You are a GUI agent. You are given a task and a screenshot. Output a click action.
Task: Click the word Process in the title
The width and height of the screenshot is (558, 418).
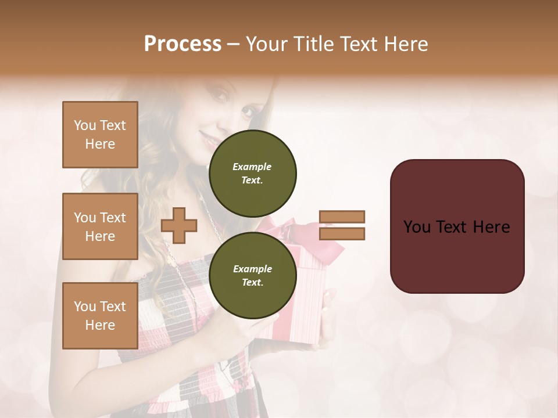point(183,44)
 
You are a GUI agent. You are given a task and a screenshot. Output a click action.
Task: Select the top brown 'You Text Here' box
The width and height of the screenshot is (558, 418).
point(100,135)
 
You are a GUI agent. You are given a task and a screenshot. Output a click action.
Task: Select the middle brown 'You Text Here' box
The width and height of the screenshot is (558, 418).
point(100,226)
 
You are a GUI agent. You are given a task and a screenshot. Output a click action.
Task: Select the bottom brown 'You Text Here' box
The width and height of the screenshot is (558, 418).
point(100,316)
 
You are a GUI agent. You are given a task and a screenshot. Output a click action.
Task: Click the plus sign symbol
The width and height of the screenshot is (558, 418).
point(179,225)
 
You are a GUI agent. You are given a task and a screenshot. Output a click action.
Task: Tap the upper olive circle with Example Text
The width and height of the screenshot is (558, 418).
point(253,173)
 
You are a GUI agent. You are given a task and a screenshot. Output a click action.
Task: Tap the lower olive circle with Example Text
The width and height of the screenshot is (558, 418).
point(253,275)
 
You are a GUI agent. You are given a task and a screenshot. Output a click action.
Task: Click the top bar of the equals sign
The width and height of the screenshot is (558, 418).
point(342,217)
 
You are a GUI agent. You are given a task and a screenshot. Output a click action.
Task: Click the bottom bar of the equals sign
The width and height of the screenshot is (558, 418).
point(342,233)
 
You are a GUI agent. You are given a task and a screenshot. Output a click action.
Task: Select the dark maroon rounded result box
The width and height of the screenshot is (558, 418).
point(457,226)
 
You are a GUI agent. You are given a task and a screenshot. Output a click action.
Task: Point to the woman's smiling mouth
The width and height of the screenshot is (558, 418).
point(208,138)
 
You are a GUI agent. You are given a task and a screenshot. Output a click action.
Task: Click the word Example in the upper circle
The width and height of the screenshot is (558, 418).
point(252,167)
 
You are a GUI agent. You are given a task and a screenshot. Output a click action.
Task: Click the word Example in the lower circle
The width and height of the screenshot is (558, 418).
point(252,269)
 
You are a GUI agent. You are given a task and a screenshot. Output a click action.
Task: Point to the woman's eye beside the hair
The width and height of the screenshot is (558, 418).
point(246,110)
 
